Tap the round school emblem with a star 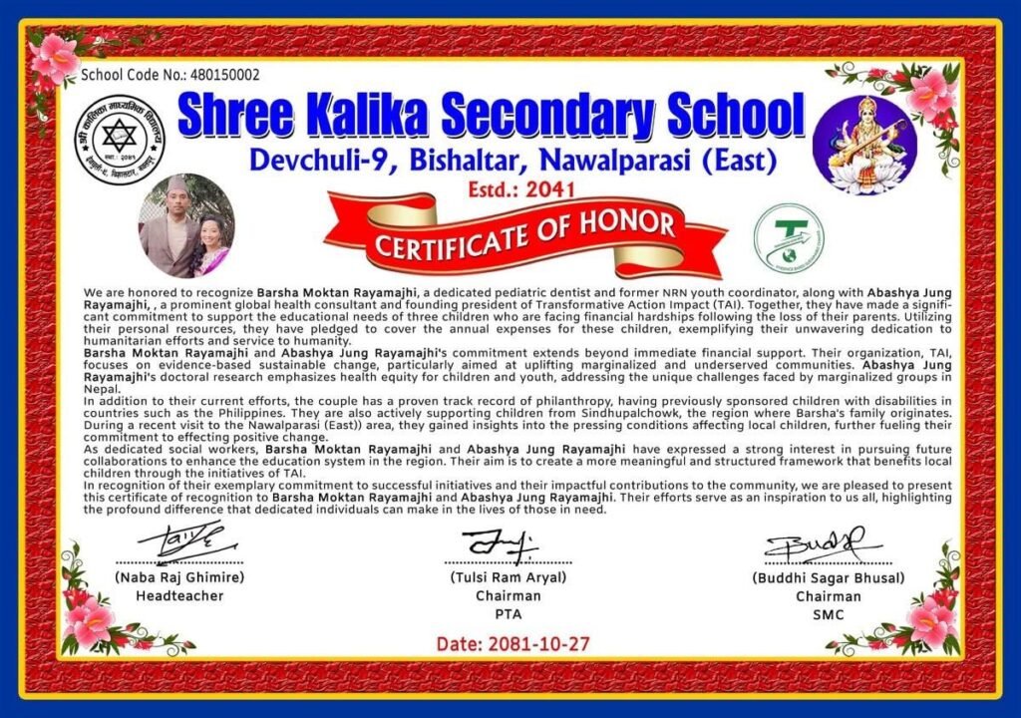pos(120,140)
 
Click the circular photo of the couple pos(186,226)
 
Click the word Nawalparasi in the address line pos(625,159)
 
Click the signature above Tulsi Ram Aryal pos(500,543)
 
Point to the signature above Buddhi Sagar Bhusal pos(824,544)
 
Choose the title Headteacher pos(179,595)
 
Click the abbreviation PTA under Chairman pos(509,614)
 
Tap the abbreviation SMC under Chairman pos(828,614)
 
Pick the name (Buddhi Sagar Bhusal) pos(828,577)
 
